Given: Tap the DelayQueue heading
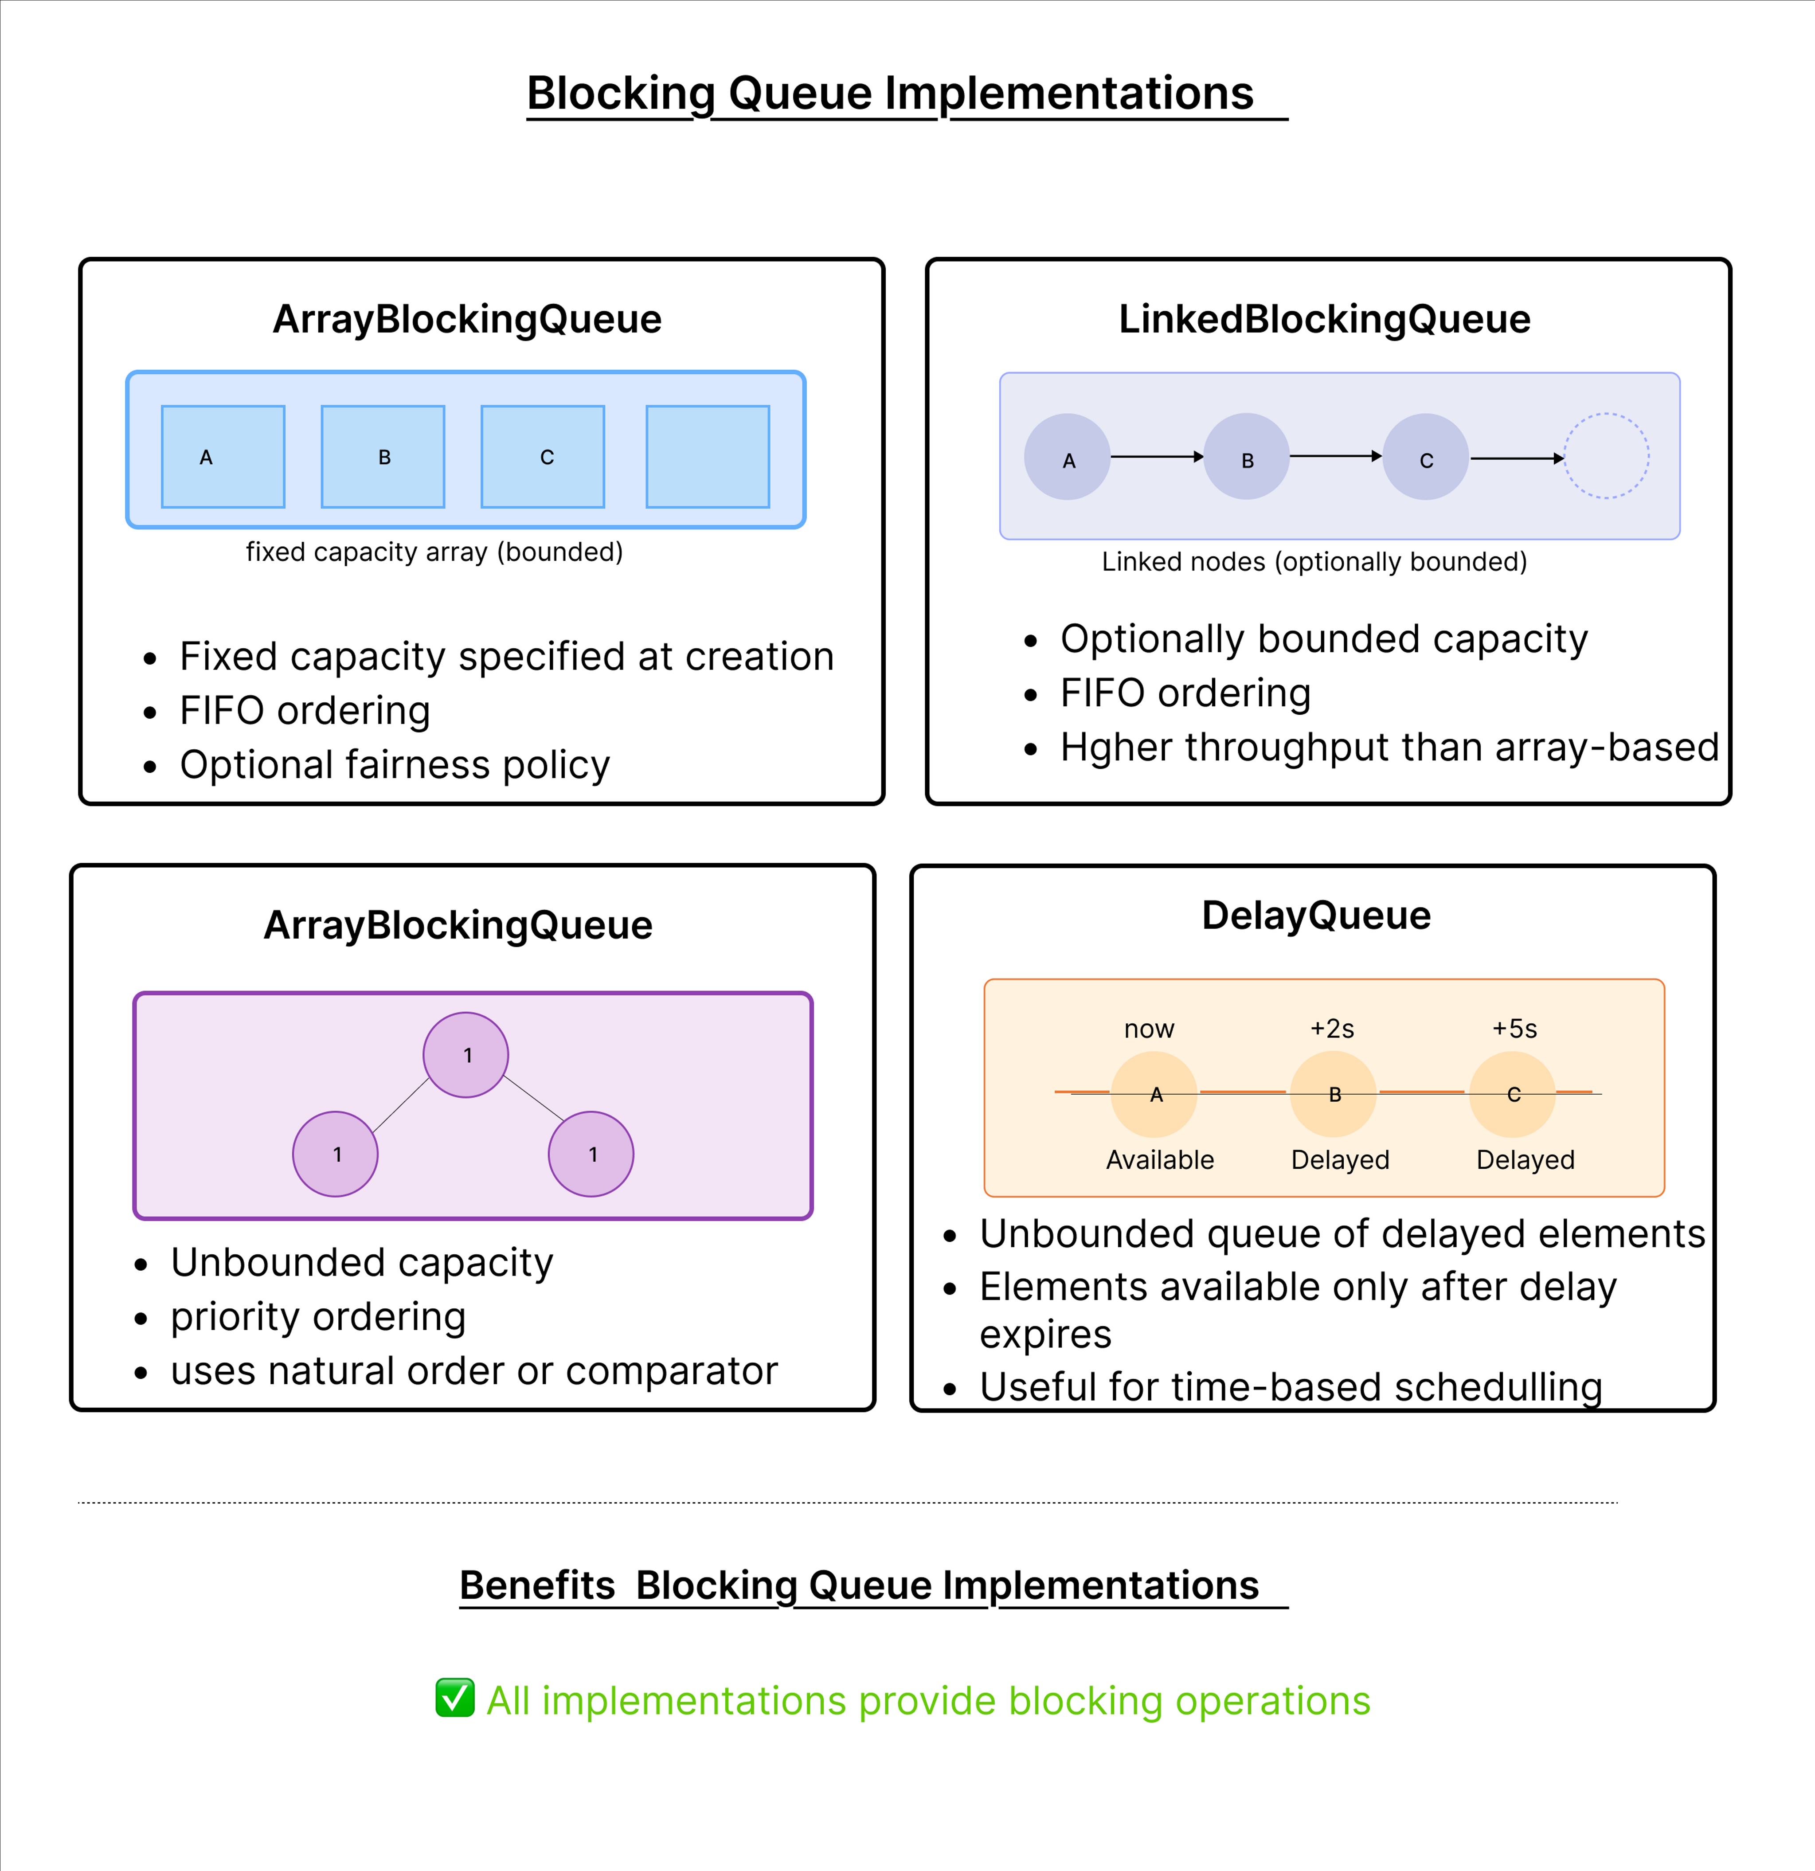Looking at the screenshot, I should [x=1316, y=916].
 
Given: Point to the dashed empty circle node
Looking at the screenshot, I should [x=1606, y=456].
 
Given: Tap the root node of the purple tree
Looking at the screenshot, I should [x=466, y=1055].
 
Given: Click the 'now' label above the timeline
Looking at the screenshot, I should [x=1149, y=1029].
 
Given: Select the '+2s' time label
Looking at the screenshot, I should [x=1332, y=1029].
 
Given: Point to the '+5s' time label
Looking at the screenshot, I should [x=1514, y=1029].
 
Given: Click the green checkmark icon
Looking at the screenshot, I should [x=454, y=1698].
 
